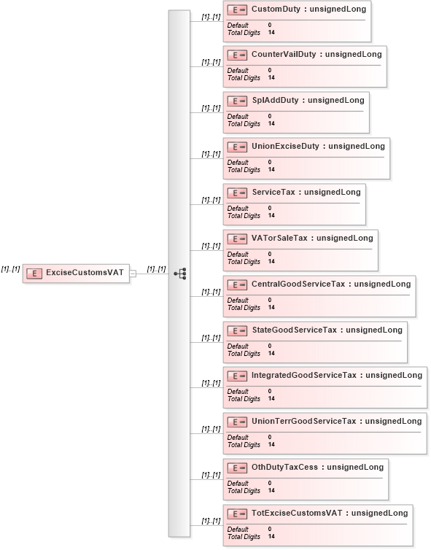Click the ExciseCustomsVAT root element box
pyautogui.click(x=75, y=274)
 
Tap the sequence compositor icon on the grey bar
pyautogui.click(x=179, y=274)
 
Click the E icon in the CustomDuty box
pyautogui.click(x=237, y=10)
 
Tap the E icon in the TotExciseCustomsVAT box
pyautogui.click(x=237, y=514)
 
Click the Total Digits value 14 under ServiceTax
pyautogui.click(x=271, y=216)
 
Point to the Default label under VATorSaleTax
pyautogui.click(x=238, y=255)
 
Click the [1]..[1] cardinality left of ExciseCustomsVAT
pyautogui.click(x=10, y=269)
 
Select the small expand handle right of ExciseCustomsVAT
pyautogui.click(x=133, y=274)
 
